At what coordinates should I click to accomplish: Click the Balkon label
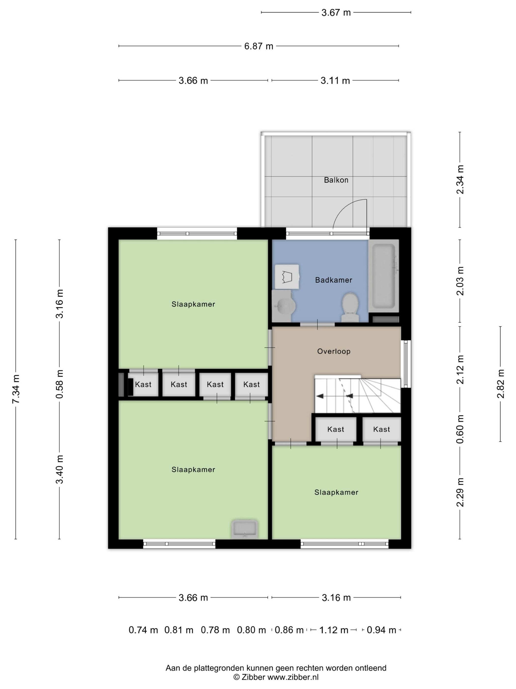click(336, 180)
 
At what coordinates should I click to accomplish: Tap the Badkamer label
click(333, 280)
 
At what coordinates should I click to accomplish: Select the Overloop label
click(334, 351)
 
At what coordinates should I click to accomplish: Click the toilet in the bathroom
click(350, 307)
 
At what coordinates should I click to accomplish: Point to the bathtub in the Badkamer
click(384, 276)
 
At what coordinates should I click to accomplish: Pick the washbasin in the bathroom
click(284, 306)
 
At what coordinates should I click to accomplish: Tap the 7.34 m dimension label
click(15, 389)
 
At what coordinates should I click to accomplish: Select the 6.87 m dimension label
click(259, 46)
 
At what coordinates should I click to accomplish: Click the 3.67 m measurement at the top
click(336, 13)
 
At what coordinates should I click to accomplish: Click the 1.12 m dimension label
click(334, 630)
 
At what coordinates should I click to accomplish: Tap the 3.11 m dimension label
click(335, 81)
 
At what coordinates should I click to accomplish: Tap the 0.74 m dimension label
click(143, 630)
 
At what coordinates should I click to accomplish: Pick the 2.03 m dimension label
click(460, 281)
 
